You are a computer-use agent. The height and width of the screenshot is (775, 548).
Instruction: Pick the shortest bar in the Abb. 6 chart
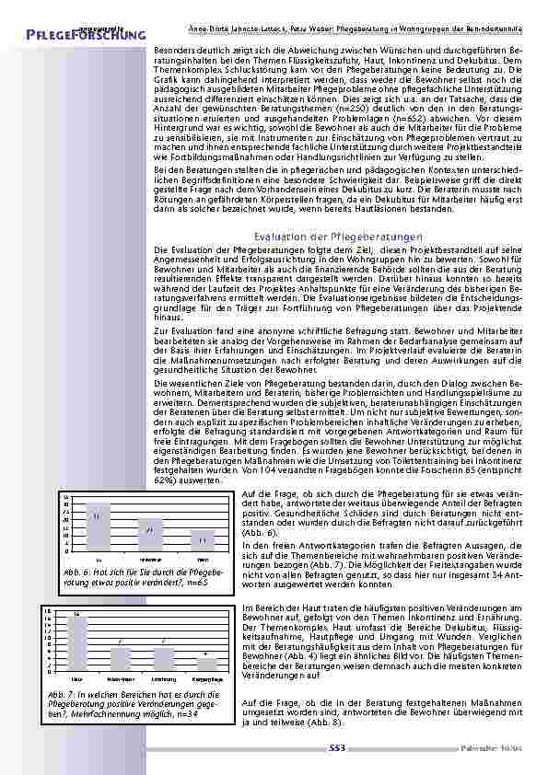click(202, 541)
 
